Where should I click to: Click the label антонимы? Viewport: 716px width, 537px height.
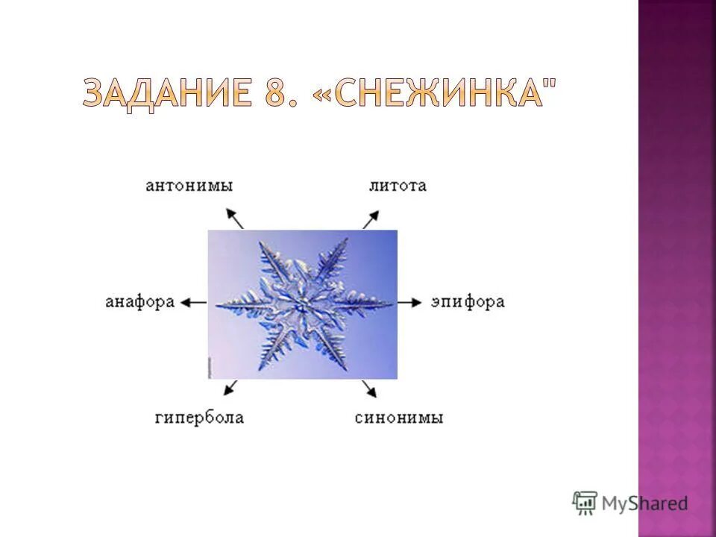click(189, 186)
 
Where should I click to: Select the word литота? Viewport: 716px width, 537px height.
click(398, 186)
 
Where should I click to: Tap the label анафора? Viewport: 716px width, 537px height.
click(140, 302)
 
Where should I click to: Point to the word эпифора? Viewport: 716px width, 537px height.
click(468, 302)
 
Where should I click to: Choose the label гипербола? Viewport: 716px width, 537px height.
click(199, 417)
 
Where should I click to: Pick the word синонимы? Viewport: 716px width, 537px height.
click(399, 417)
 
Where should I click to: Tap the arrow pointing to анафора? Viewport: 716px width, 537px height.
click(194, 302)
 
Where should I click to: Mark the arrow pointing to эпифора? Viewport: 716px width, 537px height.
click(409, 302)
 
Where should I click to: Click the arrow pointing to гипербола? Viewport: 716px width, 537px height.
click(230, 388)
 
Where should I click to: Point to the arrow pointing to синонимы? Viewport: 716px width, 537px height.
click(368, 389)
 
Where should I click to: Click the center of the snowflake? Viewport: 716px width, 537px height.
click(302, 304)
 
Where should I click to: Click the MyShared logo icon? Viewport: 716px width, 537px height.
click(585, 502)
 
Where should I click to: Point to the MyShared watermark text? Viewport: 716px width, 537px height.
click(644, 503)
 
